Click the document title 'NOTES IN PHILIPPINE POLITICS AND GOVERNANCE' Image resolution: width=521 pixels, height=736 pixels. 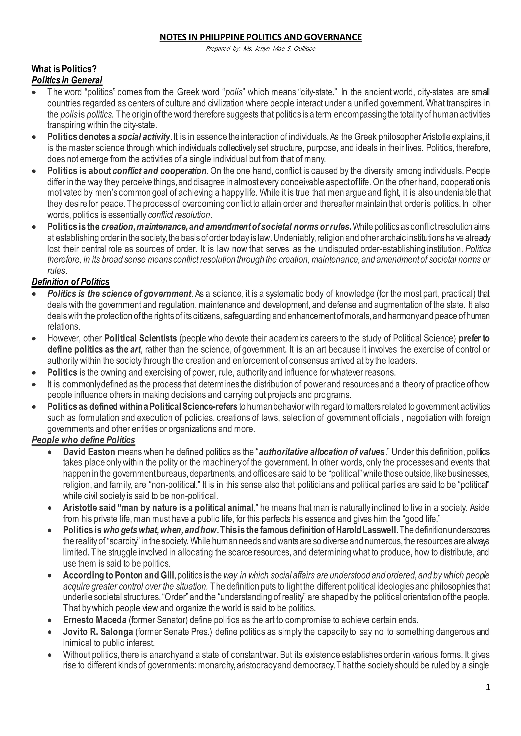260,38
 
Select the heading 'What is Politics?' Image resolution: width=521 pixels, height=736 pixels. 64,69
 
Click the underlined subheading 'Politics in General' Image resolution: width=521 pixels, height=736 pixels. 67,80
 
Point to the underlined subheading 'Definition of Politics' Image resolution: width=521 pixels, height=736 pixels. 70,282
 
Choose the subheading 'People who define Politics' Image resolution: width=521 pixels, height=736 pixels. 83,440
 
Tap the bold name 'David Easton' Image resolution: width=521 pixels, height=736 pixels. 89,452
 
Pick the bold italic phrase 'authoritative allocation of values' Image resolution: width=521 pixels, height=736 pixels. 322,452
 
